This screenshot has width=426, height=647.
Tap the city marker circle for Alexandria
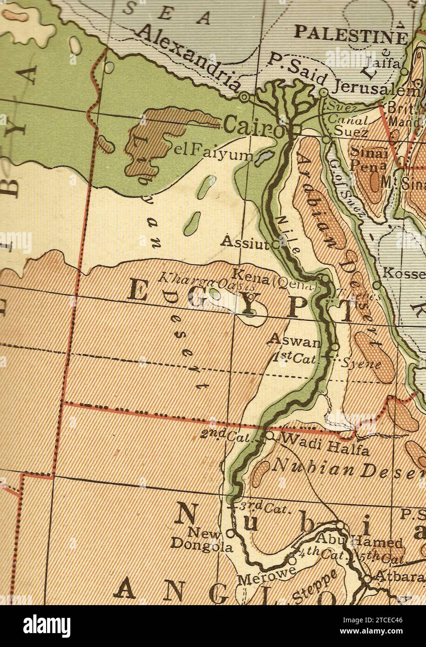click(x=244, y=96)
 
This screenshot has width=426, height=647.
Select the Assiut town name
click(x=245, y=242)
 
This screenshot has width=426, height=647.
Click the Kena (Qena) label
click(x=275, y=280)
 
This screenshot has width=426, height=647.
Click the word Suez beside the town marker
click(x=351, y=132)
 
